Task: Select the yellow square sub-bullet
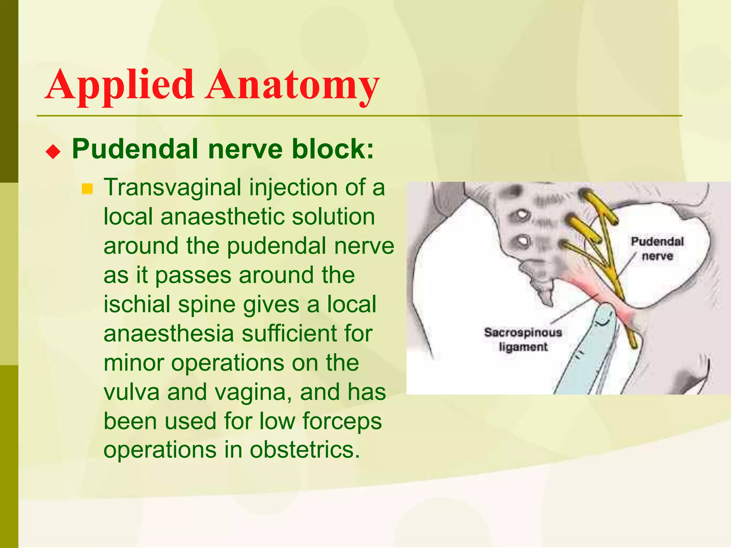[87, 189]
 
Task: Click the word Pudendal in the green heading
[135, 149]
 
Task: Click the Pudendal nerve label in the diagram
[657, 249]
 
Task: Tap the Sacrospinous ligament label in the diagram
[523, 339]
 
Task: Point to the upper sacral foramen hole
[521, 215]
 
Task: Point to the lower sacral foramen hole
[523, 241]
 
